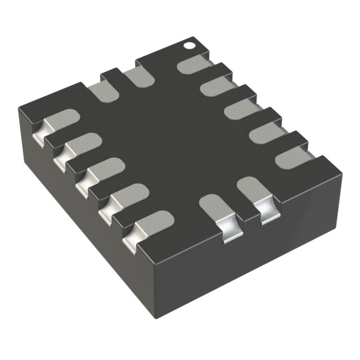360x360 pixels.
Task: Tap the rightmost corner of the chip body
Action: coord(342,169)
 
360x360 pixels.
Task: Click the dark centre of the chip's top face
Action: coord(169,141)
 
